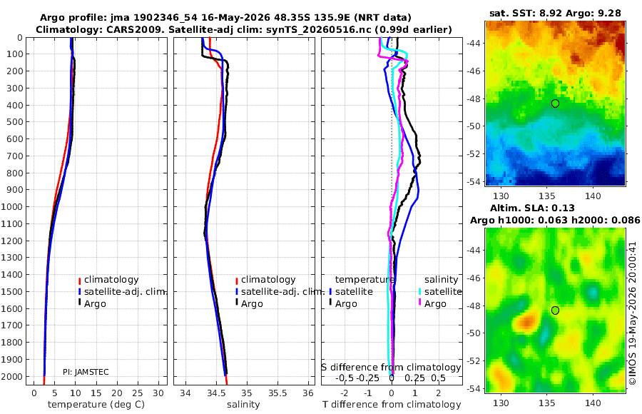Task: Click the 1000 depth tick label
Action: [14, 206]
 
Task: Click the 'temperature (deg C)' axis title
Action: [96, 405]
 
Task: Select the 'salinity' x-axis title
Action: [244, 405]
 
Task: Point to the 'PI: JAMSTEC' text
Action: [86, 372]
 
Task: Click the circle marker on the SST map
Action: [555, 103]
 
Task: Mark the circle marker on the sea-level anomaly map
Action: [555, 310]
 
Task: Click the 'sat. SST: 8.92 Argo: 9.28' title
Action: [555, 14]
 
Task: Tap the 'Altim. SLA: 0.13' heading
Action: [532, 208]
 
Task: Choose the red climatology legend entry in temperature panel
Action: [108, 280]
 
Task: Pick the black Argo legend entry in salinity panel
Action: [248, 304]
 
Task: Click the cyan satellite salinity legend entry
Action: [440, 292]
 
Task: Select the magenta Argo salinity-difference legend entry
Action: [432, 304]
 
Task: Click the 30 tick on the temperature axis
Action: [158, 393]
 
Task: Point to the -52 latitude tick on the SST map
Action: [474, 154]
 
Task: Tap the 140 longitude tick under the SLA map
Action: [593, 403]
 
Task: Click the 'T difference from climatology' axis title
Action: [392, 405]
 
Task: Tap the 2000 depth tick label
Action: [14, 376]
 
